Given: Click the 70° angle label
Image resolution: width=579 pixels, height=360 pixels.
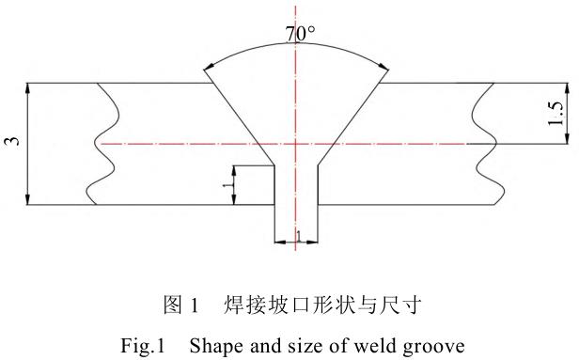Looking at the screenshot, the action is [x=300, y=34].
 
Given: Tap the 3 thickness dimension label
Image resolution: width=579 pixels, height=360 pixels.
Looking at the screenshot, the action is [x=14, y=141].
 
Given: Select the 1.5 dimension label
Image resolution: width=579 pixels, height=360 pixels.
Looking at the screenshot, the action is [x=556, y=114].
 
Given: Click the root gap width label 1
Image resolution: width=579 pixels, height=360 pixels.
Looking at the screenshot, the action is [x=299, y=236].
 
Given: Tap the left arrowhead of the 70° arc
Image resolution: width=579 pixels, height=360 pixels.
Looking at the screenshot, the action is [x=209, y=67].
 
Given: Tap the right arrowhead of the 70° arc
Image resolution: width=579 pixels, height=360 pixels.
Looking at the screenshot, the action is [x=383, y=67].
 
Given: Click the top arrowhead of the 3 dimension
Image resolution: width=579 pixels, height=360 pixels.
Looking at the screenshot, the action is [x=27, y=88].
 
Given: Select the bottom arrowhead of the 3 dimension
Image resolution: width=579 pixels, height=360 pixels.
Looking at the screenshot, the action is [x=27, y=199].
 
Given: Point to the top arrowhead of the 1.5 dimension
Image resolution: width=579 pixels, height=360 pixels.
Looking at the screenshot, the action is [x=567, y=88].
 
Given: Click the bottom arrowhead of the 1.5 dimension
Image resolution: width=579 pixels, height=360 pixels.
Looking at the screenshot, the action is [x=567, y=138].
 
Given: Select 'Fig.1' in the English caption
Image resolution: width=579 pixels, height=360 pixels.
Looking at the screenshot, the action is [x=143, y=346].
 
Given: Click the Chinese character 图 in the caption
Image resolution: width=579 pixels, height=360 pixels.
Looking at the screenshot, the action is [x=173, y=305].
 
